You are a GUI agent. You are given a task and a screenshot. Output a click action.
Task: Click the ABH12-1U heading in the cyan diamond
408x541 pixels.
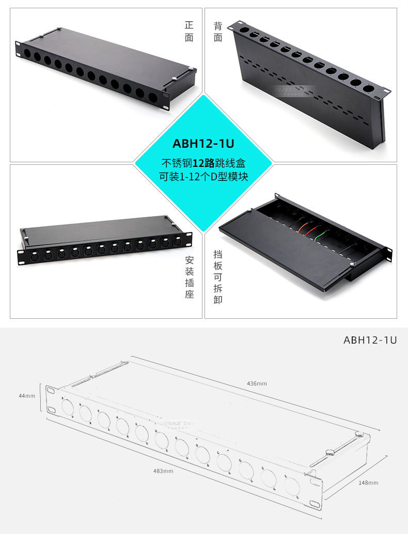203,143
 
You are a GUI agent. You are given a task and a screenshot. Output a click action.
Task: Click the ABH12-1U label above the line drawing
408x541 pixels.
370,341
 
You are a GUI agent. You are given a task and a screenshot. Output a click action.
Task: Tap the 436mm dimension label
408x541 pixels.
257,383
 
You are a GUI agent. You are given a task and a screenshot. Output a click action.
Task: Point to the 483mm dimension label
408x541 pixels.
163,471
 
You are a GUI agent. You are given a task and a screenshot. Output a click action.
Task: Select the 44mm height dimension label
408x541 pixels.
27,396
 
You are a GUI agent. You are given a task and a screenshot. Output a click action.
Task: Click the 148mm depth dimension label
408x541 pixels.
368,483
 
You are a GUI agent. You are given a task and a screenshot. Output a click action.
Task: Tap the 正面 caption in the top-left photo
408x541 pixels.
189,31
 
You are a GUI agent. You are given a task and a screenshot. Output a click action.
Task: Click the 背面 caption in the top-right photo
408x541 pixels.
218,31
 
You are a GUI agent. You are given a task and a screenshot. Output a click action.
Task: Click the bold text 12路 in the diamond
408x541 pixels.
199,163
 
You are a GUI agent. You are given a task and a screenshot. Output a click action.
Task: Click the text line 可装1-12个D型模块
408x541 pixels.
203,177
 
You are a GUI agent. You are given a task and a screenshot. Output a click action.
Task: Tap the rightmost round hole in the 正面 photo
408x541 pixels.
153,97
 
